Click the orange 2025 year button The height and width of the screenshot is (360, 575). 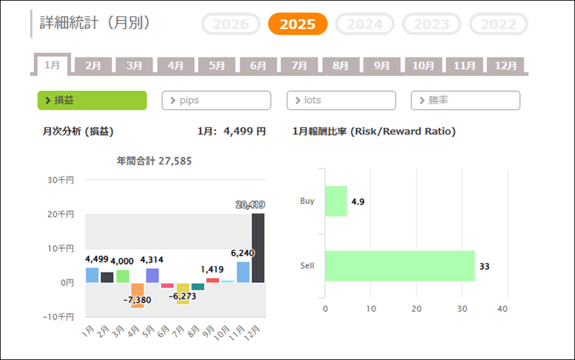tap(298, 24)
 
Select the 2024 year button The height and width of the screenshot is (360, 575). tap(365, 24)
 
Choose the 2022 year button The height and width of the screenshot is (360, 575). tap(498, 24)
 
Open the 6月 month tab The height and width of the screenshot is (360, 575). tap(258, 65)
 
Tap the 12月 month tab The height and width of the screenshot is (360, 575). tap(505, 65)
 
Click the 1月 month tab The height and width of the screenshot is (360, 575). tap(52, 65)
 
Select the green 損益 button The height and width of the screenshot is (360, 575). tap(92, 100)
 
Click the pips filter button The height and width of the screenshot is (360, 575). tap(217, 100)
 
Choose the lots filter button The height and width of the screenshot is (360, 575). tap(341, 100)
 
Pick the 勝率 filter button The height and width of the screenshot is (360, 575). tap(466, 100)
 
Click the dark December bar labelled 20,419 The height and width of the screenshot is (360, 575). tap(258, 248)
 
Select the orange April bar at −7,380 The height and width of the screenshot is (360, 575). tap(137, 295)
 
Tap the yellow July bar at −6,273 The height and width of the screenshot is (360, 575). tap(183, 293)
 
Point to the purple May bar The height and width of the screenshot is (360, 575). tap(152, 276)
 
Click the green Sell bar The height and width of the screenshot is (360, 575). tap(400, 266)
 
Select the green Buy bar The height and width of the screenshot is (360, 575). tap(336, 201)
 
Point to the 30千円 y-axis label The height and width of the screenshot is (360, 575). tap(61, 180)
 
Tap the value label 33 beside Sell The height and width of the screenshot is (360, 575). tap(484, 266)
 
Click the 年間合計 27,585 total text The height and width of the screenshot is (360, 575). tap(154, 161)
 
